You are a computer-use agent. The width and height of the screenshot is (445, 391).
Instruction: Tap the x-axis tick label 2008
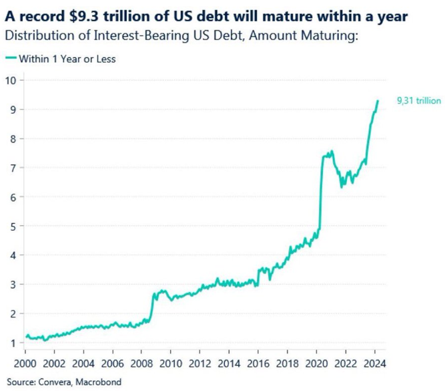click(141, 364)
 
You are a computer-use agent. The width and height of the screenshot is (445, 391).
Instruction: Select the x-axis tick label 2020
click(314, 364)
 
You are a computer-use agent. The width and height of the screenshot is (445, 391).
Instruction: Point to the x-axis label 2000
click(26, 364)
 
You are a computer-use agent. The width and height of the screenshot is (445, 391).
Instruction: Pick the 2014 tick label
click(228, 364)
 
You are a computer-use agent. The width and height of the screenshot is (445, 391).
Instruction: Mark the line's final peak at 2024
click(378, 101)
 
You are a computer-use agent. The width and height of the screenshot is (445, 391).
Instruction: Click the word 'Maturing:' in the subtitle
click(334, 34)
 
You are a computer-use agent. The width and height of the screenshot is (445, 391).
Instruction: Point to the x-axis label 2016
click(256, 364)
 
